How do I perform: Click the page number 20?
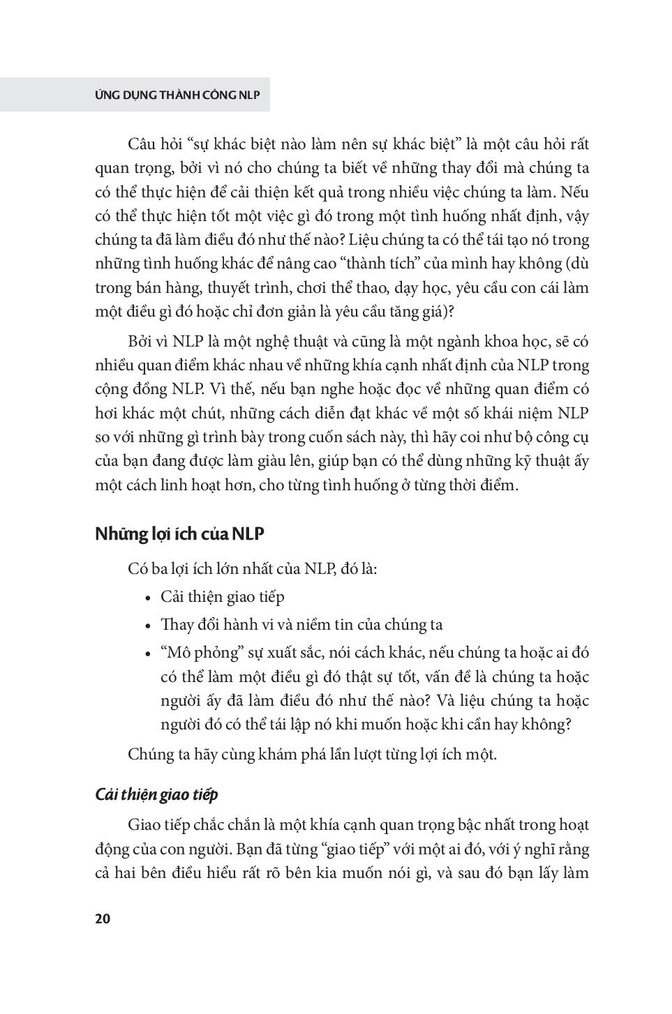pos(103,918)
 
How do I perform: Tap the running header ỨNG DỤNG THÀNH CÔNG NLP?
pos(177,95)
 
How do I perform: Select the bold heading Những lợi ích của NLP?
pos(179,534)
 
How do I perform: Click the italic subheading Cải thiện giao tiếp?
pos(156,794)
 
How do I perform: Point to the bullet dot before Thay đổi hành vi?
pos(147,626)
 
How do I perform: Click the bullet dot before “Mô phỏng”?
pos(147,654)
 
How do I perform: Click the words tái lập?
pos(285,724)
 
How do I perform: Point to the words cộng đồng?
pos(124,389)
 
